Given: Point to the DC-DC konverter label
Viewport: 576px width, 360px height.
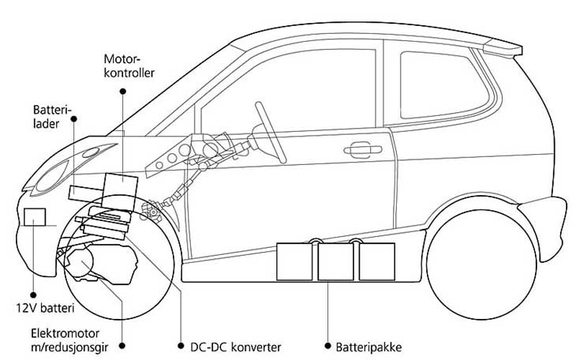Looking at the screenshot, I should click(236, 346).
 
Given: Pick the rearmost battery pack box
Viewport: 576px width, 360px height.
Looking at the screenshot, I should click(376, 260).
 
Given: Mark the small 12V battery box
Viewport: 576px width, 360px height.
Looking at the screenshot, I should click(36, 217).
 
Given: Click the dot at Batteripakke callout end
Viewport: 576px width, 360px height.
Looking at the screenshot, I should click(327, 346).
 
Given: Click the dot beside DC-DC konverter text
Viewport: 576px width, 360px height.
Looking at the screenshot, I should click(181, 346).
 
